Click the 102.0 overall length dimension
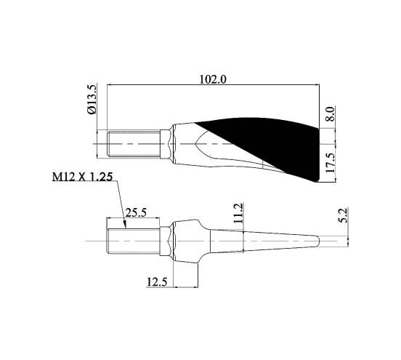click(213, 79)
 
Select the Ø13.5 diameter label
click(92, 100)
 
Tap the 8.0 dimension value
click(330, 114)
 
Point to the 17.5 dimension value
click(330, 163)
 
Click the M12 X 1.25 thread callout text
click(82, 177)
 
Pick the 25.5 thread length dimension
click(136, 212)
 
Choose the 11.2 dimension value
click(238, 213)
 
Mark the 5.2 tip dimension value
click(344, 215)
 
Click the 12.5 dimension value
click(157, 282)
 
